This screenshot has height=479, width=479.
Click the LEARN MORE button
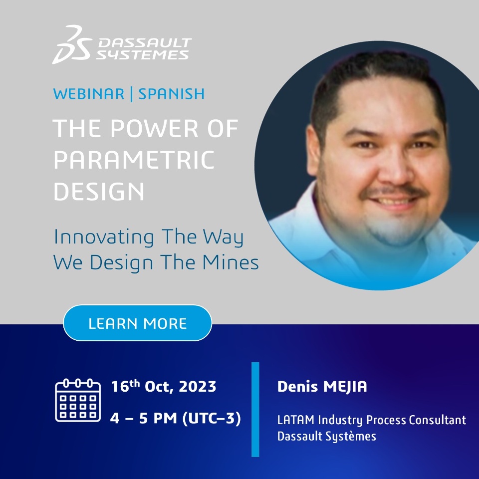pos(138,323)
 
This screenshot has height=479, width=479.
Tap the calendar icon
pos(78,400)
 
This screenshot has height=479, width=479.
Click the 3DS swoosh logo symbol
pos(72,44)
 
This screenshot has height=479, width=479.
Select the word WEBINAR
pos(89,93)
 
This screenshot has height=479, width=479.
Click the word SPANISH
pos(171,93)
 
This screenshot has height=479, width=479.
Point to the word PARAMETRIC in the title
pos(134,160)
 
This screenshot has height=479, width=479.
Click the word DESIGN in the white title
pos(99,192)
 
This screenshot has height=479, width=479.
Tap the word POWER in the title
pos(154,128)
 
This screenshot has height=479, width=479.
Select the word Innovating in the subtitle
pos(104,237)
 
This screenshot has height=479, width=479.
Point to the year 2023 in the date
pos(198,386)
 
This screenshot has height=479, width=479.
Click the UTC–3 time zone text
pos(212,418)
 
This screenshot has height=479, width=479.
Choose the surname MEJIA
pos(345,387)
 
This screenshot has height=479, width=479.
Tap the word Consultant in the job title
pos(438,420)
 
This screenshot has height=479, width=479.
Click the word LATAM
pos(296,420)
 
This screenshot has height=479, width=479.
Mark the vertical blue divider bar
pos(255,409)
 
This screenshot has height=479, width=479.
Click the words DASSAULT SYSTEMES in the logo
pos(144,49)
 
